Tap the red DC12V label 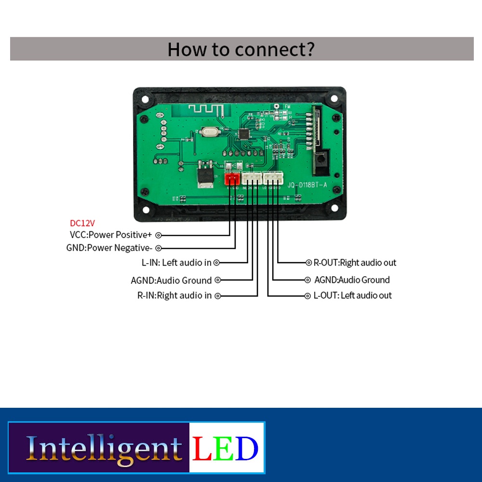[82, 223]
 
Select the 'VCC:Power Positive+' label [111, 235]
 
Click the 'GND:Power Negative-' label [109, 248]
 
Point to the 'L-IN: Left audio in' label [176, 263]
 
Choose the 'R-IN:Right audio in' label [174, 295]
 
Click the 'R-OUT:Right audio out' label [355, 263]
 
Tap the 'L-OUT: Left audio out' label [352, 295]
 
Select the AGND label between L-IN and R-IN [171, 280]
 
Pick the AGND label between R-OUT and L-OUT [352, 280]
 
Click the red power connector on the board [232, 179]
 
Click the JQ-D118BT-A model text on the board [307, 185]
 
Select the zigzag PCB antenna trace [206, 109]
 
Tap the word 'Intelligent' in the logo [104, 448]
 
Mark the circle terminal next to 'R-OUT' [309, 263]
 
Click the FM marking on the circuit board [287, 107]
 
